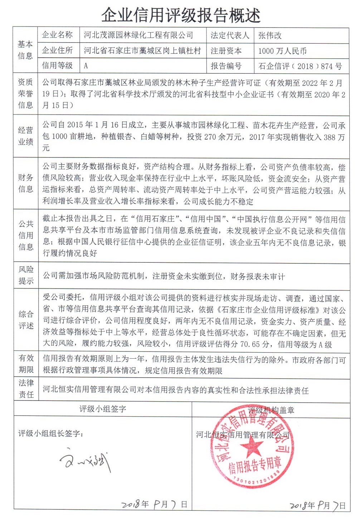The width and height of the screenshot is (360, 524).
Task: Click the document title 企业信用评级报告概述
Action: click(181, 15)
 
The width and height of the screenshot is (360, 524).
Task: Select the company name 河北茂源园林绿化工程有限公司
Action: click(138, 35)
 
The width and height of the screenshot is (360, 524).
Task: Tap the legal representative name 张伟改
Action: click(270, 35)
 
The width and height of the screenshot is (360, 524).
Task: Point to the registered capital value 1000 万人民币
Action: click(282, 51)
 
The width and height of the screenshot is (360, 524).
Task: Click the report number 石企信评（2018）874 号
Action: click(300, 66)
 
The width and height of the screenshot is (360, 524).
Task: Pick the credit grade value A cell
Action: click(86, 66)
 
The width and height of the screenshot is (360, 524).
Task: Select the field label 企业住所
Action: click(57, 50)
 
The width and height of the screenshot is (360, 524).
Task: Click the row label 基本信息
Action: click(25, 50)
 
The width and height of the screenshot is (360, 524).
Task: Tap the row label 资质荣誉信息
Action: click(25, 93)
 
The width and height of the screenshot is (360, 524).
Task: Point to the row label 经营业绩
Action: click(25, 136)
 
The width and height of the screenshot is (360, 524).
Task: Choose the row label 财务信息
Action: click(25, 183)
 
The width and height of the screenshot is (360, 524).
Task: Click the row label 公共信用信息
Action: click(25, 235)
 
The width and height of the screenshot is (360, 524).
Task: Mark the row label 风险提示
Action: click(25, 275)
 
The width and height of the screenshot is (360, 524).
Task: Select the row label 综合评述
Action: click(25, 320)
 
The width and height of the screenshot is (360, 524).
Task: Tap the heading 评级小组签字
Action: click(103, 409)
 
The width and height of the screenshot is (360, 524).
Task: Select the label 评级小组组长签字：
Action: click(51, 433)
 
